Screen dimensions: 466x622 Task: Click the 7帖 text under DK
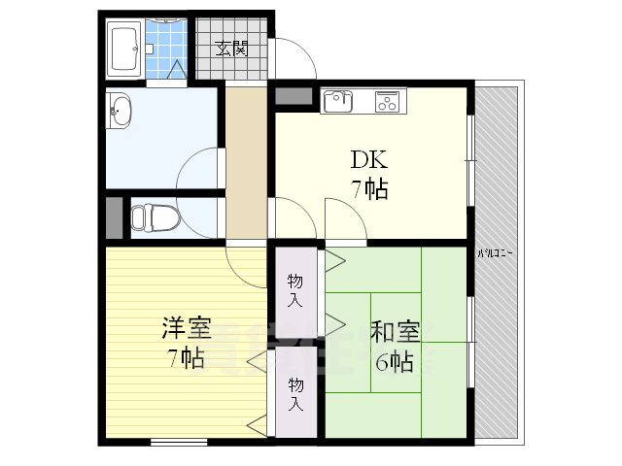point(369,188)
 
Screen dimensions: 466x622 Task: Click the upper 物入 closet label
point(294,289)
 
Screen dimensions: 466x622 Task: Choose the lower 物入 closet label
point(294,393)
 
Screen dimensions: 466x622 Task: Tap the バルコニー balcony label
point(496,253)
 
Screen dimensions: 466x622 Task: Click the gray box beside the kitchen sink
point(294,97)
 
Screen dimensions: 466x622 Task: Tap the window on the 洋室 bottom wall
point(179,443)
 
